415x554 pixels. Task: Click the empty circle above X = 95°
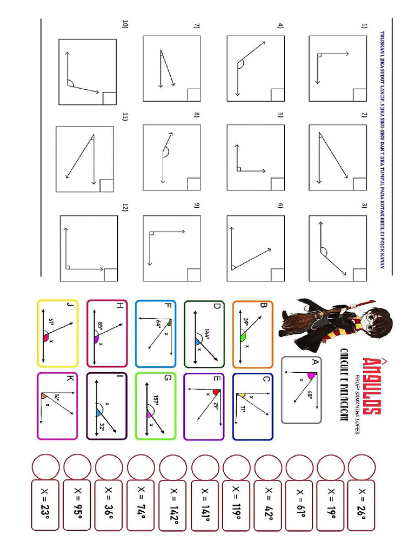[77, 466]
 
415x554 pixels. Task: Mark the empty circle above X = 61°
[299, 466]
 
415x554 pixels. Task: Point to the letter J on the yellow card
[69, 306]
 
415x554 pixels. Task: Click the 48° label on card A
[310, 395]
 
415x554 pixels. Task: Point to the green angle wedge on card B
[243, 336]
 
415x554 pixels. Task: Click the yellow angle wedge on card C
[243, 397]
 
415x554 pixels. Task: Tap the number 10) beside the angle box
[125, 24]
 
